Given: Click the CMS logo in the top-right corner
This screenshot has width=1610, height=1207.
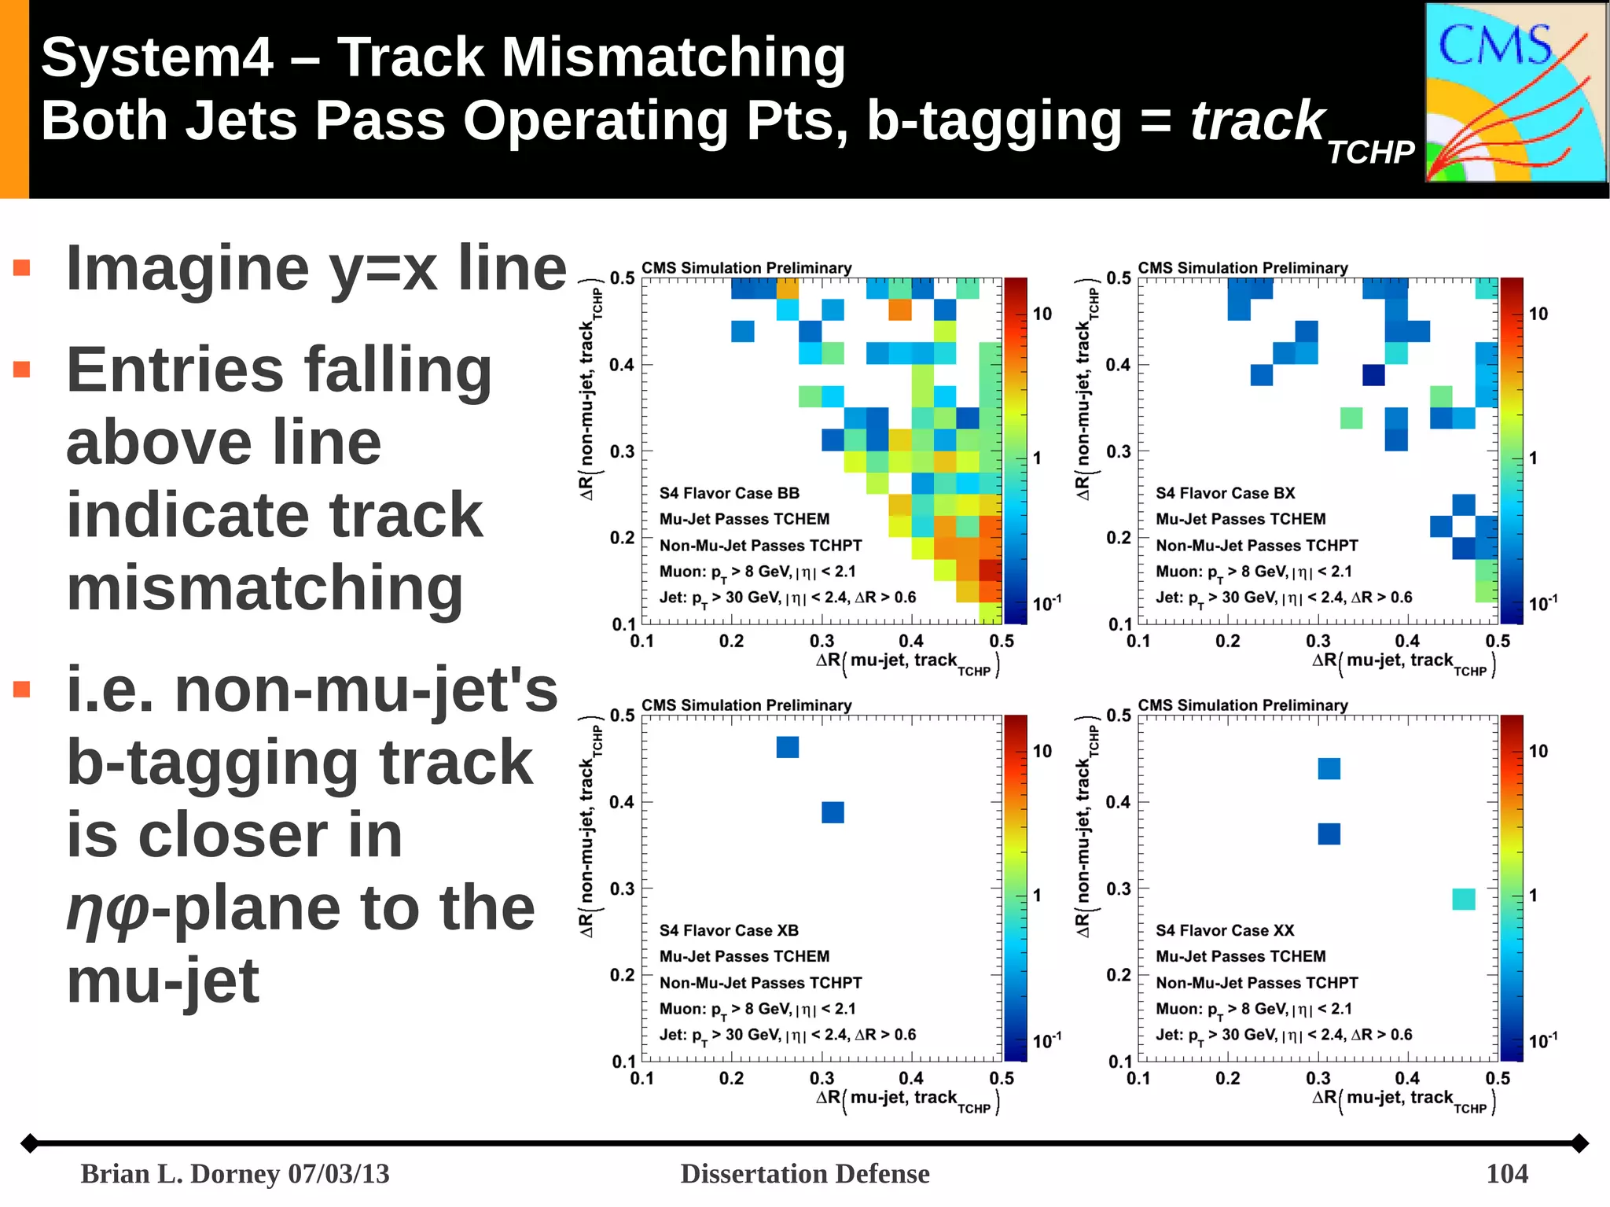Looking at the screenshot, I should point(1515,93).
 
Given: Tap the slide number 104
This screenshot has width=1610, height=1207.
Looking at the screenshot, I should point(1506,1173).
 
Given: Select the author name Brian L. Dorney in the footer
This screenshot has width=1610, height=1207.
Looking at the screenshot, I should point(181,1173).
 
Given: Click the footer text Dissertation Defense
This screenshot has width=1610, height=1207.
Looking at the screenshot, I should point(804,1173).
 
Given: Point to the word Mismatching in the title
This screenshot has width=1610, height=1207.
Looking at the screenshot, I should point(674,58).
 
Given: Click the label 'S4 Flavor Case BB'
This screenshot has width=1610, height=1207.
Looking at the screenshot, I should point(729,493).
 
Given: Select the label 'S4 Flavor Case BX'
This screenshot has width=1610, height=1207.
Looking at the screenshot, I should point(1225,493).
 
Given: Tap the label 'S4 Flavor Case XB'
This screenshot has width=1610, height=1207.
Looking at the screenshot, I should point(729,930).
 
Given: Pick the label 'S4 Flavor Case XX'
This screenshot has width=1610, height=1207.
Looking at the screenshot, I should point(1224,930).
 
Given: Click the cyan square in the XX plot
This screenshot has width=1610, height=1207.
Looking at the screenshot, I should point(1463,899).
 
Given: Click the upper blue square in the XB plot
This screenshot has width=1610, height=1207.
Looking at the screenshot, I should point(788,747).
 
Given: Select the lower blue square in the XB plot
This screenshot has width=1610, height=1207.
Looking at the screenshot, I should point(833,812).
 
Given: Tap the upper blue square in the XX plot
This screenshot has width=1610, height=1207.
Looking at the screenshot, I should point(1329,768).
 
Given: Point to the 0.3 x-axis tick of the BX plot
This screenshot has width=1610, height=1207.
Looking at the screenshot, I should point(1318,641).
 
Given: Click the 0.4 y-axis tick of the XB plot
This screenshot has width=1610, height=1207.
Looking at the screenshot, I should point(621,802).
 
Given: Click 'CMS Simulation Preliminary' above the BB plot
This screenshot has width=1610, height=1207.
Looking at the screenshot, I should point(746,268).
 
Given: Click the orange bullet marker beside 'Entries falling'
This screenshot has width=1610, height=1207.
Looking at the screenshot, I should point(22,370).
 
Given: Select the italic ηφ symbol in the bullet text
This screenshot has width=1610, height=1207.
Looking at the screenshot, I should point(107,909).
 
